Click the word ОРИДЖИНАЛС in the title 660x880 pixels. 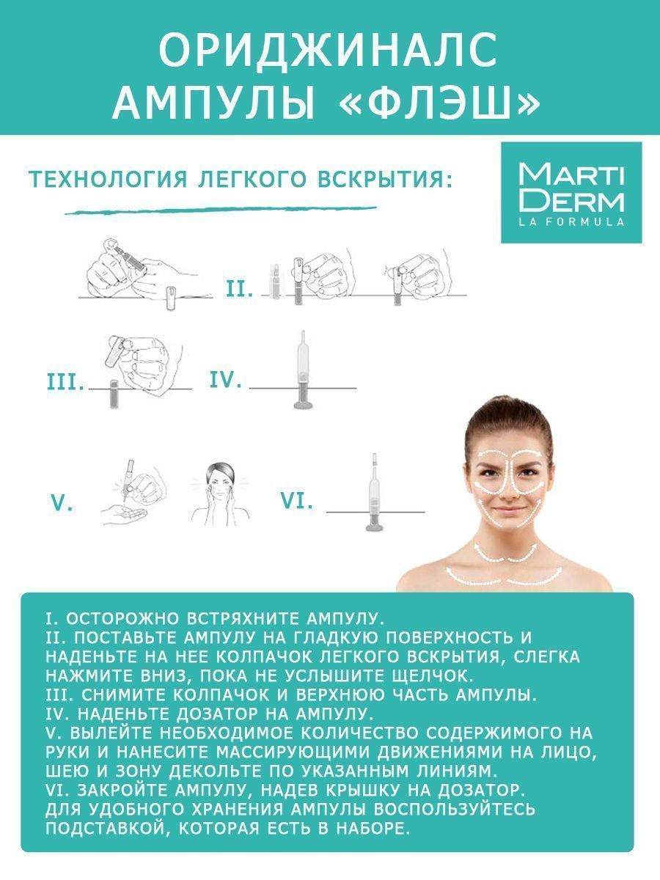(329, 51)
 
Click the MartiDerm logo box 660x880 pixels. (571, 192)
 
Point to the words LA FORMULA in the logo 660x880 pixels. (571, 221)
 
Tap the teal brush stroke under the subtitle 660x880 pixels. (221, 210)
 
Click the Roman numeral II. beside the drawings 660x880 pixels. (240, 289)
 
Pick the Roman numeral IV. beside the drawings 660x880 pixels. (226, 379)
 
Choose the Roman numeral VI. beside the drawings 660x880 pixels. (296, 500)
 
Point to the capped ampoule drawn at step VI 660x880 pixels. (375, 493)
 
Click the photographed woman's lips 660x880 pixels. (508, 511)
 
